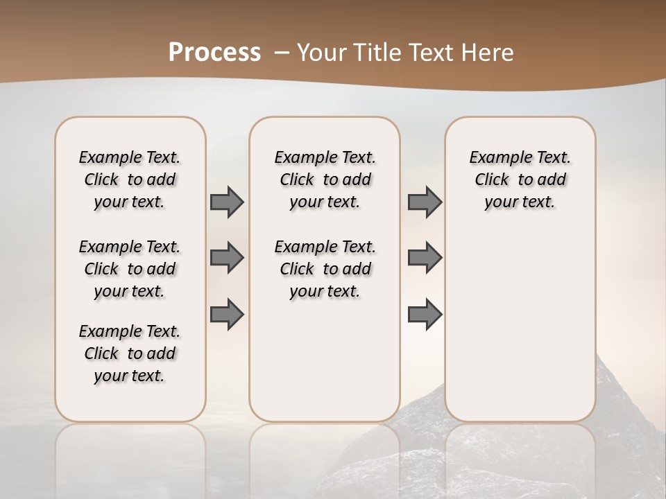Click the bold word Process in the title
214,53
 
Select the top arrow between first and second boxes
227,202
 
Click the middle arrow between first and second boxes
227,258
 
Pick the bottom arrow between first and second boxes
227,314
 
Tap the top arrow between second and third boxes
425,202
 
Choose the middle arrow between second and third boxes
425,258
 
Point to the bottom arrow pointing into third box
425,314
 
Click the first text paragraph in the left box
130,180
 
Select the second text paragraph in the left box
130,269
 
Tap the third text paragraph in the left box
130,353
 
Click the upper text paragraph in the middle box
325,180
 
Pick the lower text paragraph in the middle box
325,269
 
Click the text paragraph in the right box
520,180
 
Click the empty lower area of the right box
520,326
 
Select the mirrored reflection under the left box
130,450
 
